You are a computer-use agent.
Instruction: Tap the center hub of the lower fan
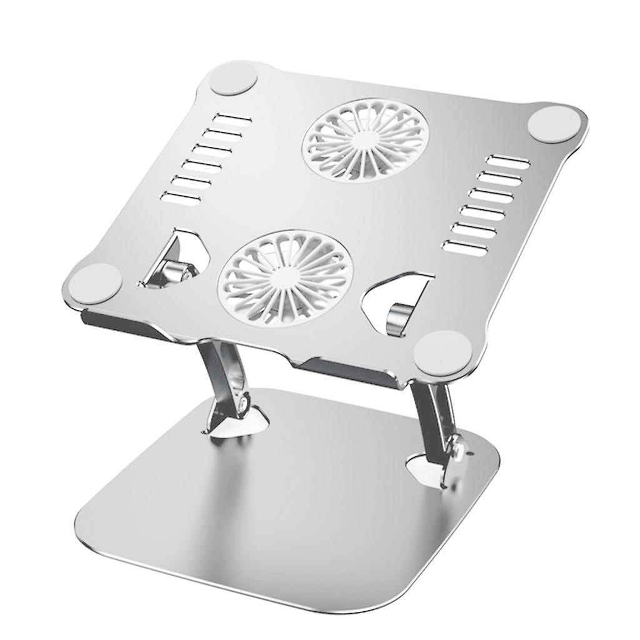click(285, 276)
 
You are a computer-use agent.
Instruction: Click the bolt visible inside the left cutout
click(172, 271)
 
